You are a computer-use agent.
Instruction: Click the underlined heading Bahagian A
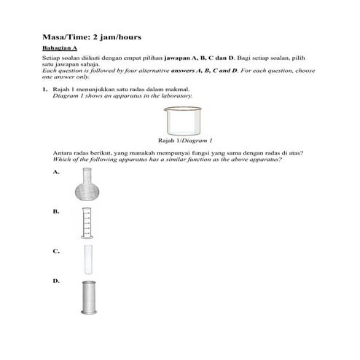60,47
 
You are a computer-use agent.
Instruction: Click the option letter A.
56,173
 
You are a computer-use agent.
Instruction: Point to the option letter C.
56,251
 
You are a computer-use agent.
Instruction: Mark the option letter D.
56,281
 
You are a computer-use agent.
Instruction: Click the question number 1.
44,89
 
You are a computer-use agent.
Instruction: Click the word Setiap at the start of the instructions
52,56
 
